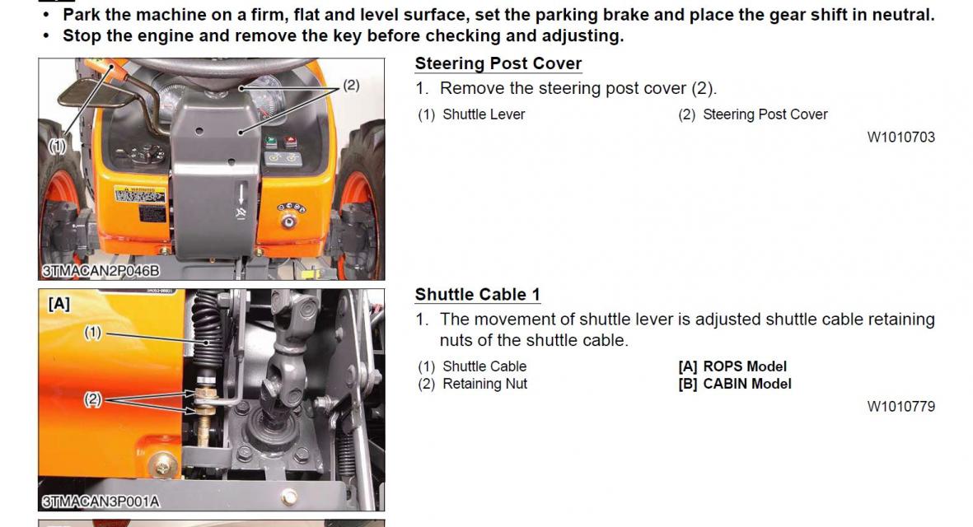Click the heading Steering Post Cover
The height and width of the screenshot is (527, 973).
click(498, 63)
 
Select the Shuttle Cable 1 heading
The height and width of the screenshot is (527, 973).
click(477, 294)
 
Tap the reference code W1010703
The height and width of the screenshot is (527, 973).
click(900, 137)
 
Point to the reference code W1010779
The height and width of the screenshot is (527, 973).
click(900, 406)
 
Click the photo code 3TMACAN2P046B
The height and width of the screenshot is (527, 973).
click(101, 271)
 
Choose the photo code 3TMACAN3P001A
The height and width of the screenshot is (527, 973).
click(101, 501)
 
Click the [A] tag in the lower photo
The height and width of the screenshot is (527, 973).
click(59, 304)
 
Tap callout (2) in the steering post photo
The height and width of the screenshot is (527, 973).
click(351, 85)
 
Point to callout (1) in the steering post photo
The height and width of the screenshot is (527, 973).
click(57, 147)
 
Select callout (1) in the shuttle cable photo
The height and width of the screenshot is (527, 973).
click(92, 333)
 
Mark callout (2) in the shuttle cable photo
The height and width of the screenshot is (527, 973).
click(92, 399)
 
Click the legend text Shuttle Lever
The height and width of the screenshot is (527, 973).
click(484, 114)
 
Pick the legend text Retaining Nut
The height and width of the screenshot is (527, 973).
click(484, 384)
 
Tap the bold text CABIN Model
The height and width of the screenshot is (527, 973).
click(747, 384)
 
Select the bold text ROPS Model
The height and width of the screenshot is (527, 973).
click(745, 366)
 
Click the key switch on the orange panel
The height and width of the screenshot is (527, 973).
click(288, 222)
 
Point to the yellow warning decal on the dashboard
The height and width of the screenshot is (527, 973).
click(140, 195)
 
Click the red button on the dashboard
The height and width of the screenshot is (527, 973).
click(290, 142)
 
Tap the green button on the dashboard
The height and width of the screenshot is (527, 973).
click(271, 142)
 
